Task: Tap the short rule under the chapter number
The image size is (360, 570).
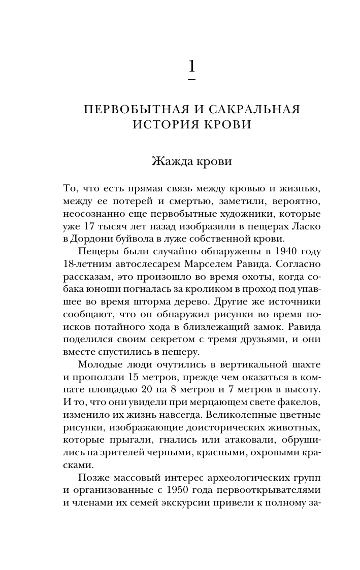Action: [191, 80]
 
